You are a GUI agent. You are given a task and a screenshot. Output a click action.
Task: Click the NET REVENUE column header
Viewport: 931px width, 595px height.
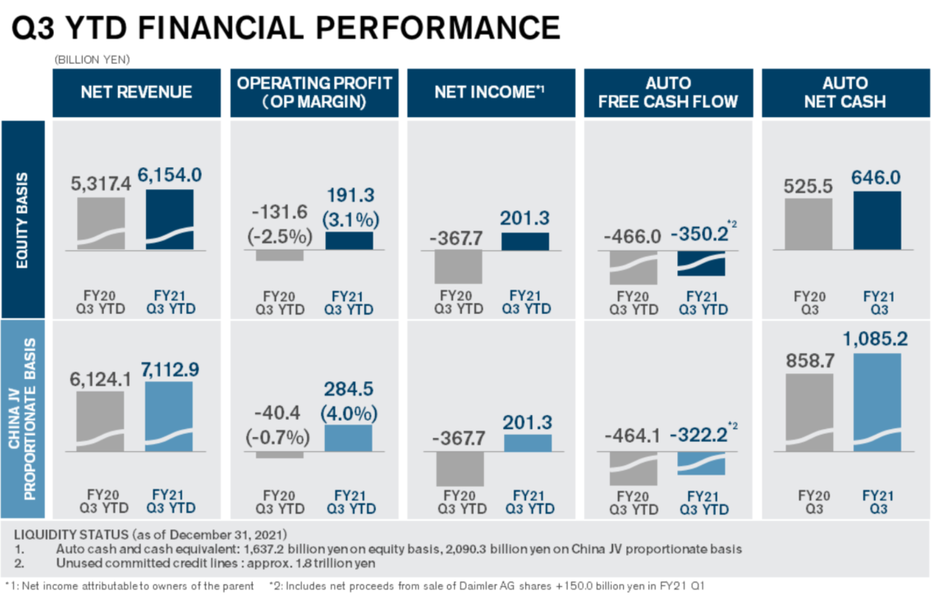(x=136, y=92)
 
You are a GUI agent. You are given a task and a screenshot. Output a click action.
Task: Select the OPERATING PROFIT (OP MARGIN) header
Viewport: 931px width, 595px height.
(x=314, y=92)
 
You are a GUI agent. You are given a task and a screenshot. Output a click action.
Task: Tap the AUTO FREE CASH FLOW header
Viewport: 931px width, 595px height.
(x=668, y=92)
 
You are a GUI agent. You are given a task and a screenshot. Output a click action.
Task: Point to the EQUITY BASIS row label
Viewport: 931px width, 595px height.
(x=23, y=220)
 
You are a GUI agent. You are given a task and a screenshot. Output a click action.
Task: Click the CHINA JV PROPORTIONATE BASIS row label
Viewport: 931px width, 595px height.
(x=23, y=419)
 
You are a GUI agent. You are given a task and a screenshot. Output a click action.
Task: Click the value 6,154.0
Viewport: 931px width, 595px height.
(x=169, y=176)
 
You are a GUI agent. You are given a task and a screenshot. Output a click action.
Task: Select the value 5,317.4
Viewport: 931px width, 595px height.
(x=101, y=184)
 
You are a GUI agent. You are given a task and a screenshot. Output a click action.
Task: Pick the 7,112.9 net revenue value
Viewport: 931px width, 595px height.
(x=170, y=370)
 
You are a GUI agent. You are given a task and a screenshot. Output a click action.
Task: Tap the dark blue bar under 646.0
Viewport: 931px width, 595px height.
(x=877, y=220)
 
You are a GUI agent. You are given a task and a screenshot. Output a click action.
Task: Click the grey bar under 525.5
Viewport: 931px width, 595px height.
(x=808, y=224)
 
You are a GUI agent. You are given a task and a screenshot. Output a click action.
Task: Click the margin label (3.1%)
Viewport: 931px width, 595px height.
(x=351, y=220)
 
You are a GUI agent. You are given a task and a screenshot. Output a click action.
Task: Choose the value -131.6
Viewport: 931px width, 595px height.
(x=280, y=212)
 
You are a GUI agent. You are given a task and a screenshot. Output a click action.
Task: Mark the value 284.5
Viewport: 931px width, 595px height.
(x=348, y=389)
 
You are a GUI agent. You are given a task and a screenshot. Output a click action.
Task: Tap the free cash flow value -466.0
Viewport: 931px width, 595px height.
(x=632, y=237)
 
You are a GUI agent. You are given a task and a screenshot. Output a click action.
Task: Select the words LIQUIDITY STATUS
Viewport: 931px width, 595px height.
(x=71, y=534)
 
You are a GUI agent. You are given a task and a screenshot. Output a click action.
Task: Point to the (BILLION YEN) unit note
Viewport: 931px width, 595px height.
(x=92, y=60)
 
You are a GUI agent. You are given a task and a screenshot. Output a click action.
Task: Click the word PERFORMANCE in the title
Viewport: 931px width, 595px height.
(x=438, y=28)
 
